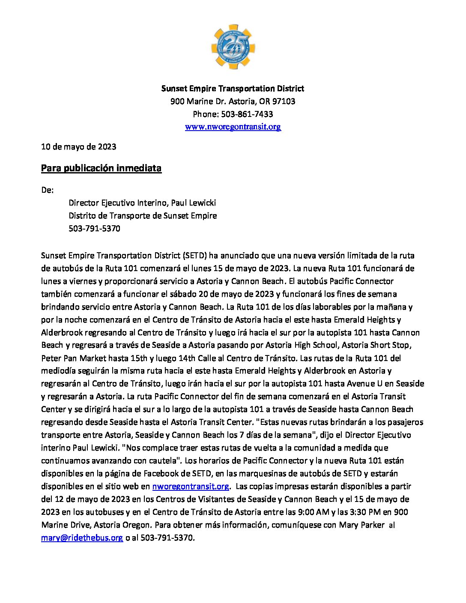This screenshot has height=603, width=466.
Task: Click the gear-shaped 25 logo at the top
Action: pos(233,47)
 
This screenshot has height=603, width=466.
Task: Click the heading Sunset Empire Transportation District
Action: pos(233,89)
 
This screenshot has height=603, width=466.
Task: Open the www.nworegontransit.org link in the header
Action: pos(233,127)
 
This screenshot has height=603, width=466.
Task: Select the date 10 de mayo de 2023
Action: pos(78,147)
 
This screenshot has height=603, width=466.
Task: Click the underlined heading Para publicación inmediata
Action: pos(101,168)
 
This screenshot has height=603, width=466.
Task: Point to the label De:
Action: pos(47,190)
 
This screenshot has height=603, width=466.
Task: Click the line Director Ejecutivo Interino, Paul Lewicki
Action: pos(142,203)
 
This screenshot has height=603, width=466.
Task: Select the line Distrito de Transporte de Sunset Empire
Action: pos(143,216)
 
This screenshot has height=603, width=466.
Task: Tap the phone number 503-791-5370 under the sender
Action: pos(94,229)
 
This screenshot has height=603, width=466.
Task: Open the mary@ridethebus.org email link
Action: pos(82,538)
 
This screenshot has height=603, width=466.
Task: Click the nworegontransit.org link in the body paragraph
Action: pos(191,487)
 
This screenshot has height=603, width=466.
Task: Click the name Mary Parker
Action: pos(361,525)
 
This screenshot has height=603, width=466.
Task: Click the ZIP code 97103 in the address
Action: pos(284,101)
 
